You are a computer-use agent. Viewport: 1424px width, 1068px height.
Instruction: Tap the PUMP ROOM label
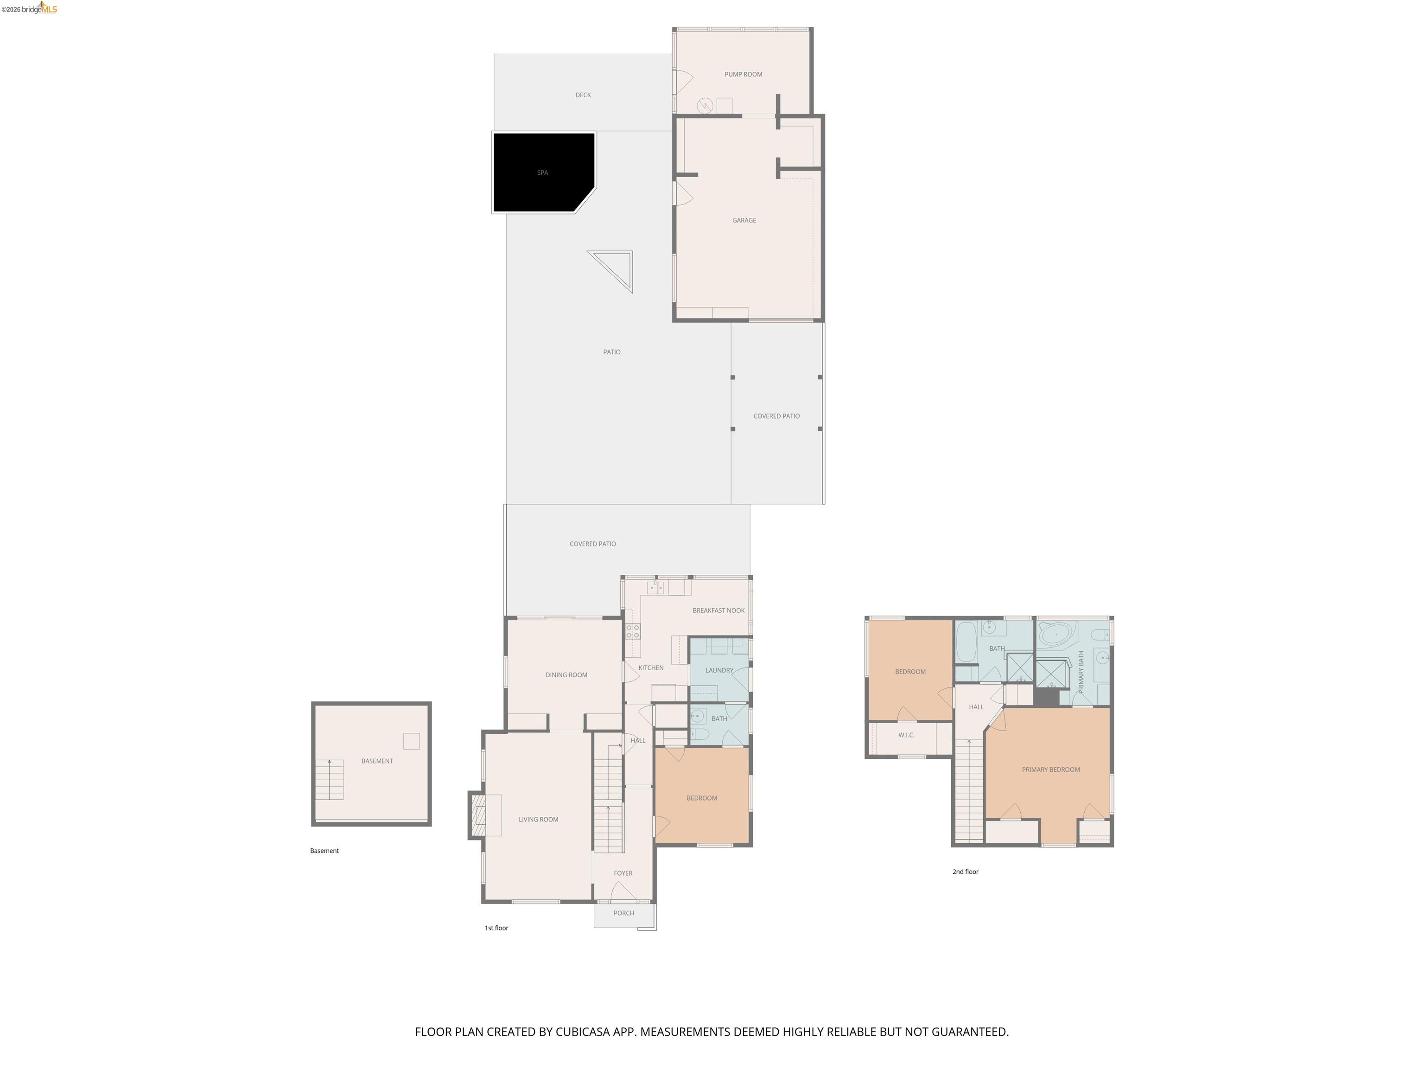[x=743, y=75]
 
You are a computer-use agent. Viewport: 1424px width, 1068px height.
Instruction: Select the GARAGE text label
[x=744, y=220]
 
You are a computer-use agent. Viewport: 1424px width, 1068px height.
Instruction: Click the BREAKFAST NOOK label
[x=718, y=610]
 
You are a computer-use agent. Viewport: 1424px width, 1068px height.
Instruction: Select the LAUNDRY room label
[x=719, y=670]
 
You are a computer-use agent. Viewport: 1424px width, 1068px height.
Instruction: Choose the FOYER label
[x=623, y=873]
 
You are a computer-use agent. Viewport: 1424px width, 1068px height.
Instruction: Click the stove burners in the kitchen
[x=633, y=631]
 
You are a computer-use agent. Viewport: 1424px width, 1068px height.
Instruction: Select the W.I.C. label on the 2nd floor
[x=906, y=735]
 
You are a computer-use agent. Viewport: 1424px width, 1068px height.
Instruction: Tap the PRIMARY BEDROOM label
[x=1051, y=769]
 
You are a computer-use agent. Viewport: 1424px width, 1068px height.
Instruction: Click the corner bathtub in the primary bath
[x=1056, y=635]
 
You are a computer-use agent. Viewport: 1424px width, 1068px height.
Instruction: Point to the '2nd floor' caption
[x=965, y=871]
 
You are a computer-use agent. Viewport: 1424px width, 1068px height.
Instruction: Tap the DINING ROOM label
[x=566, y=674]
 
